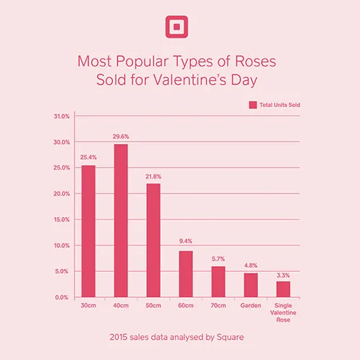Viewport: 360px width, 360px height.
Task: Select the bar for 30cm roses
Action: pyautogui.click(x=88, y=231)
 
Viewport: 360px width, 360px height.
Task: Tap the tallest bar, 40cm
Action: pyautogui.click(x=121, y=220)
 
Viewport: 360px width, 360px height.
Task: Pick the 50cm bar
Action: pyautogui.click(x=153, y=240)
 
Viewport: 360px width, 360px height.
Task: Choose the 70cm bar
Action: pyautogui.click(x=218, y=281)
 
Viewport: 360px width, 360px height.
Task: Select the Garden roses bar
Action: pyautogui.click(x=251, y=284)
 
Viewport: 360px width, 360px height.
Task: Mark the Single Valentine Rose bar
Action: pyautogui.click(x=283, y=288)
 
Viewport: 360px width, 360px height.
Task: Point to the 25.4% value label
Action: pyautogui.click(x=88, y=157)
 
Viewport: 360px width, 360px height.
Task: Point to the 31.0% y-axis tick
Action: pyautogui.click(x=61, y=116)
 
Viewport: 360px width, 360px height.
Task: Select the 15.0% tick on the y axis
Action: pyautogui.click(x=61, y=219)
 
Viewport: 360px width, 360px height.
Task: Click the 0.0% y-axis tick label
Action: pyautogui.click(x=63, y=297)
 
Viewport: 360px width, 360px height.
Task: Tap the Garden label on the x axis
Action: pyautogui.click(x=251, y=307)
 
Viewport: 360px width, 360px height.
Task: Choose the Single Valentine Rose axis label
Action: pyautogui.click(x=283, y=313)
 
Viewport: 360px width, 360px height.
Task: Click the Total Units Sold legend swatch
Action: pyautogui.click(x=253, y=105)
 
